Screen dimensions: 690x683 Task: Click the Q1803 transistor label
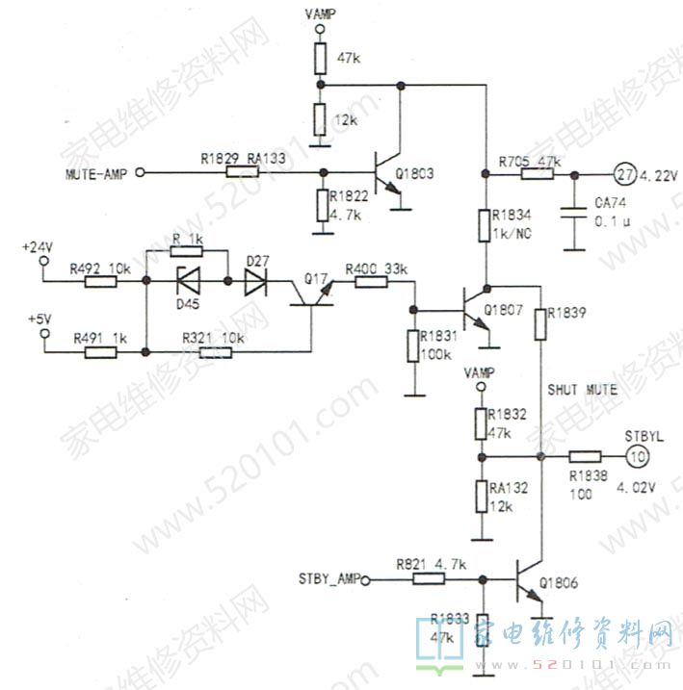[x=414, y=174]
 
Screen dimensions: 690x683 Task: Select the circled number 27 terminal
[x=623, y=174]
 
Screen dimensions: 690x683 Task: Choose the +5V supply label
[x=39, y=318]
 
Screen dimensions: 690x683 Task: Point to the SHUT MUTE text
[x=582, y=391]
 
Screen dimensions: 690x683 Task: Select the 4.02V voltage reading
[x=636, y=487]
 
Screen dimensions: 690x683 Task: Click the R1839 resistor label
[x=566, y=313]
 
